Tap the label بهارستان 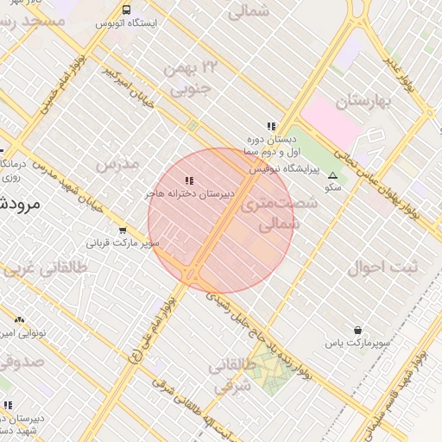(363, 102)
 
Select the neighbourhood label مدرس (117, 163)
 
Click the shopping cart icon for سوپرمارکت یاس (357, 331)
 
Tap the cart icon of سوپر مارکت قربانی (123, 231)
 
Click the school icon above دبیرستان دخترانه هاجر (190, 180)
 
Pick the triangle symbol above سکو (332, 174)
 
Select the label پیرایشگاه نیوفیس (285, 171)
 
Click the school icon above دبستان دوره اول (271, 126)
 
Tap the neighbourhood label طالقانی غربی (47, 268)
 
